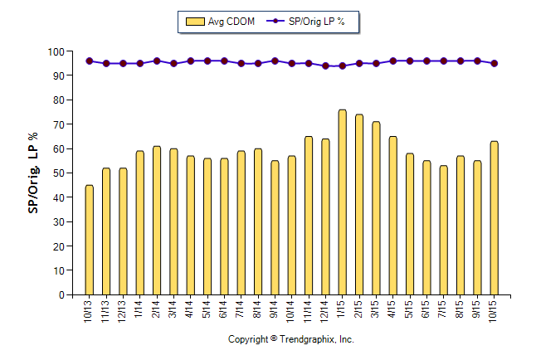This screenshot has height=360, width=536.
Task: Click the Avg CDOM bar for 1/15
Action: [x=342, y=202]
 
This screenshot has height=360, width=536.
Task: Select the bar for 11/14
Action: [x=309, y=216]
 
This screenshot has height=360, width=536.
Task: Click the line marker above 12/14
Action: [x=325, y=66]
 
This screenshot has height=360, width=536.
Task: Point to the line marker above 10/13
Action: [x=89, y=61]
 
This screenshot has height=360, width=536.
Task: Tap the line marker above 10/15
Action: [x=495, y=63]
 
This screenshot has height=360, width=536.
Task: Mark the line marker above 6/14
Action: [x=224, y=61]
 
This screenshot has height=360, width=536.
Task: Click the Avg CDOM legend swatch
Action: [x=196, y=22]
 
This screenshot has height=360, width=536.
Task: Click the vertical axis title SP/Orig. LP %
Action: [x=33, y=173]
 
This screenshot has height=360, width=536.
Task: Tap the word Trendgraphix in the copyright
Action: [x=308, y=340]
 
